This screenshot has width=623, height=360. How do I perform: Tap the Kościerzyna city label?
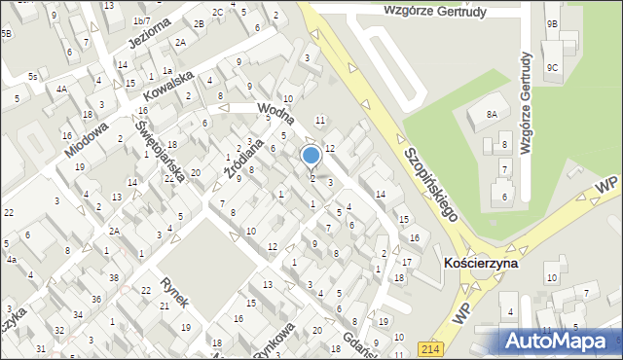(480, 264)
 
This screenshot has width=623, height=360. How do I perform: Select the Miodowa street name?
(87, 139)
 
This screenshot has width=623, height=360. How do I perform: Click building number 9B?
(552, 23)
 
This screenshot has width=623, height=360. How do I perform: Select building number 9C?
(552, 67)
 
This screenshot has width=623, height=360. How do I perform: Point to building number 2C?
(218, 12)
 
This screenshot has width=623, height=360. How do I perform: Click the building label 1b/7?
(141, 20)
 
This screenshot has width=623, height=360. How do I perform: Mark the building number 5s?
(32, 76)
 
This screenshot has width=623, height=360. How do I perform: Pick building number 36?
(96, 300)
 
